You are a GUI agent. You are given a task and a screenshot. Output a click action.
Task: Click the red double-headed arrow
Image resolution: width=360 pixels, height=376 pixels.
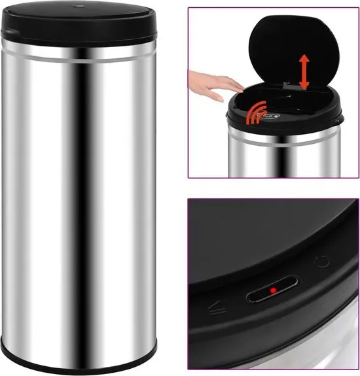click(x=304, y=73)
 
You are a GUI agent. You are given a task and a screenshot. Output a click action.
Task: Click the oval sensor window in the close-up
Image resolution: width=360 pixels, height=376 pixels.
click(x=271, y=290)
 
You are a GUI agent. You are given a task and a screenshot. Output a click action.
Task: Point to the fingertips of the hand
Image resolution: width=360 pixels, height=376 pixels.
click(x=240, y=84)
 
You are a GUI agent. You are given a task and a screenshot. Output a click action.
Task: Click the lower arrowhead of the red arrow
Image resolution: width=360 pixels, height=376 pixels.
click(x=304, y=86)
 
